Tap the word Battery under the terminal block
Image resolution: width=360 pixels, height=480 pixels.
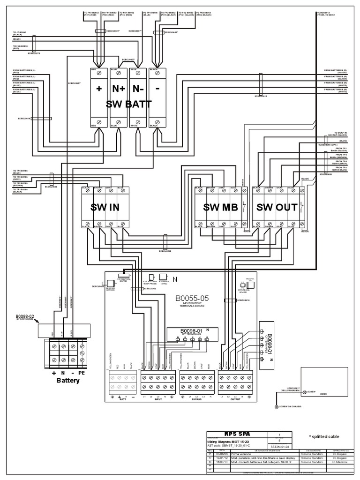click(68, 380)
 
